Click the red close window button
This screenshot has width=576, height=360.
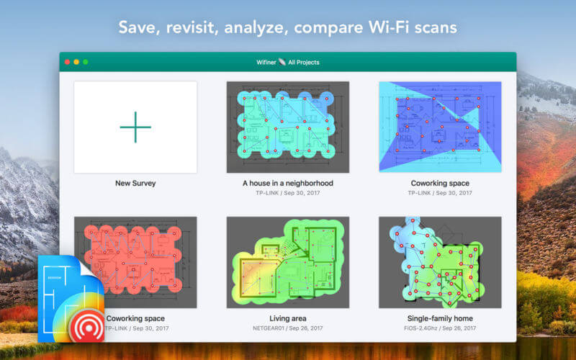pos(67,62)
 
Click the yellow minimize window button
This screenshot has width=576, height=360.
pos(76,62)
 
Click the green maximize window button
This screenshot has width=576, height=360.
pos(86,62)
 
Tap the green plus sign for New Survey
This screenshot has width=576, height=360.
pos(135,127)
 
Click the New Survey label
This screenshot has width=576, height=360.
pos(135,183)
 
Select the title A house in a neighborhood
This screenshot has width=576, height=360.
pos(287,183)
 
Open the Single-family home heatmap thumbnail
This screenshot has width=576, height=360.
pos(440,262)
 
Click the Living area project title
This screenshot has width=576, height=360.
pos(287,318)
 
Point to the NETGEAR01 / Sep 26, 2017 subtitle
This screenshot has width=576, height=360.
pos(287,328)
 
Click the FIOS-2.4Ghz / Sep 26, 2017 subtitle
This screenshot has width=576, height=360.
pos(440,328)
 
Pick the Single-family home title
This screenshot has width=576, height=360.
pos(440,318)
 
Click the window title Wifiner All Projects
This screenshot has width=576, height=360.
pos(287,62)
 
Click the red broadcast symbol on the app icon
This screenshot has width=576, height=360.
pos(87,325)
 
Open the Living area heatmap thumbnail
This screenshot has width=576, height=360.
pos(287,262)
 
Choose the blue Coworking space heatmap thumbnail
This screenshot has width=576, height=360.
pos(440,127)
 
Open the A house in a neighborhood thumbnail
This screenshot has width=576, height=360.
pos(287,127)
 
